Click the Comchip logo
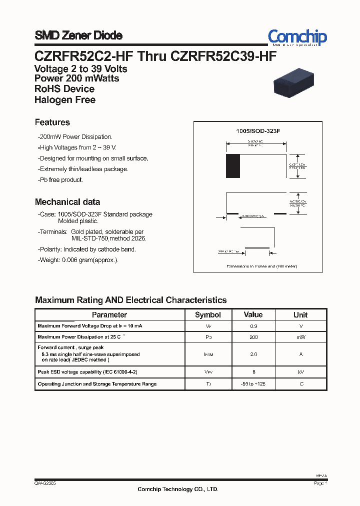tap(297, 37)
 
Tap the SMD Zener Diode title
tap(78, 35)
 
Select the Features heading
tap(52, 122)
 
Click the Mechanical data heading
tap(67, 202)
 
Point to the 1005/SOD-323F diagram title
tap(258, 131)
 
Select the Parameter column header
tap(109, 315)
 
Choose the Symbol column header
tap(207, 315)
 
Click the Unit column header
tap(300, 315)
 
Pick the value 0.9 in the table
tap(253, 326)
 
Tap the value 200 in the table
tap(253, 337)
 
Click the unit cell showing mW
tap(300, 337)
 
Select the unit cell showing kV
tap(300, 372)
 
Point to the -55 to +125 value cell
tap(253, 384)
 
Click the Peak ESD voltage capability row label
tap(87, 372)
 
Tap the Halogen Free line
tap(65, 99)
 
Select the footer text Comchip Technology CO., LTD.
tap(178, 489)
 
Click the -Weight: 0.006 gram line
tap(78, 260)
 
